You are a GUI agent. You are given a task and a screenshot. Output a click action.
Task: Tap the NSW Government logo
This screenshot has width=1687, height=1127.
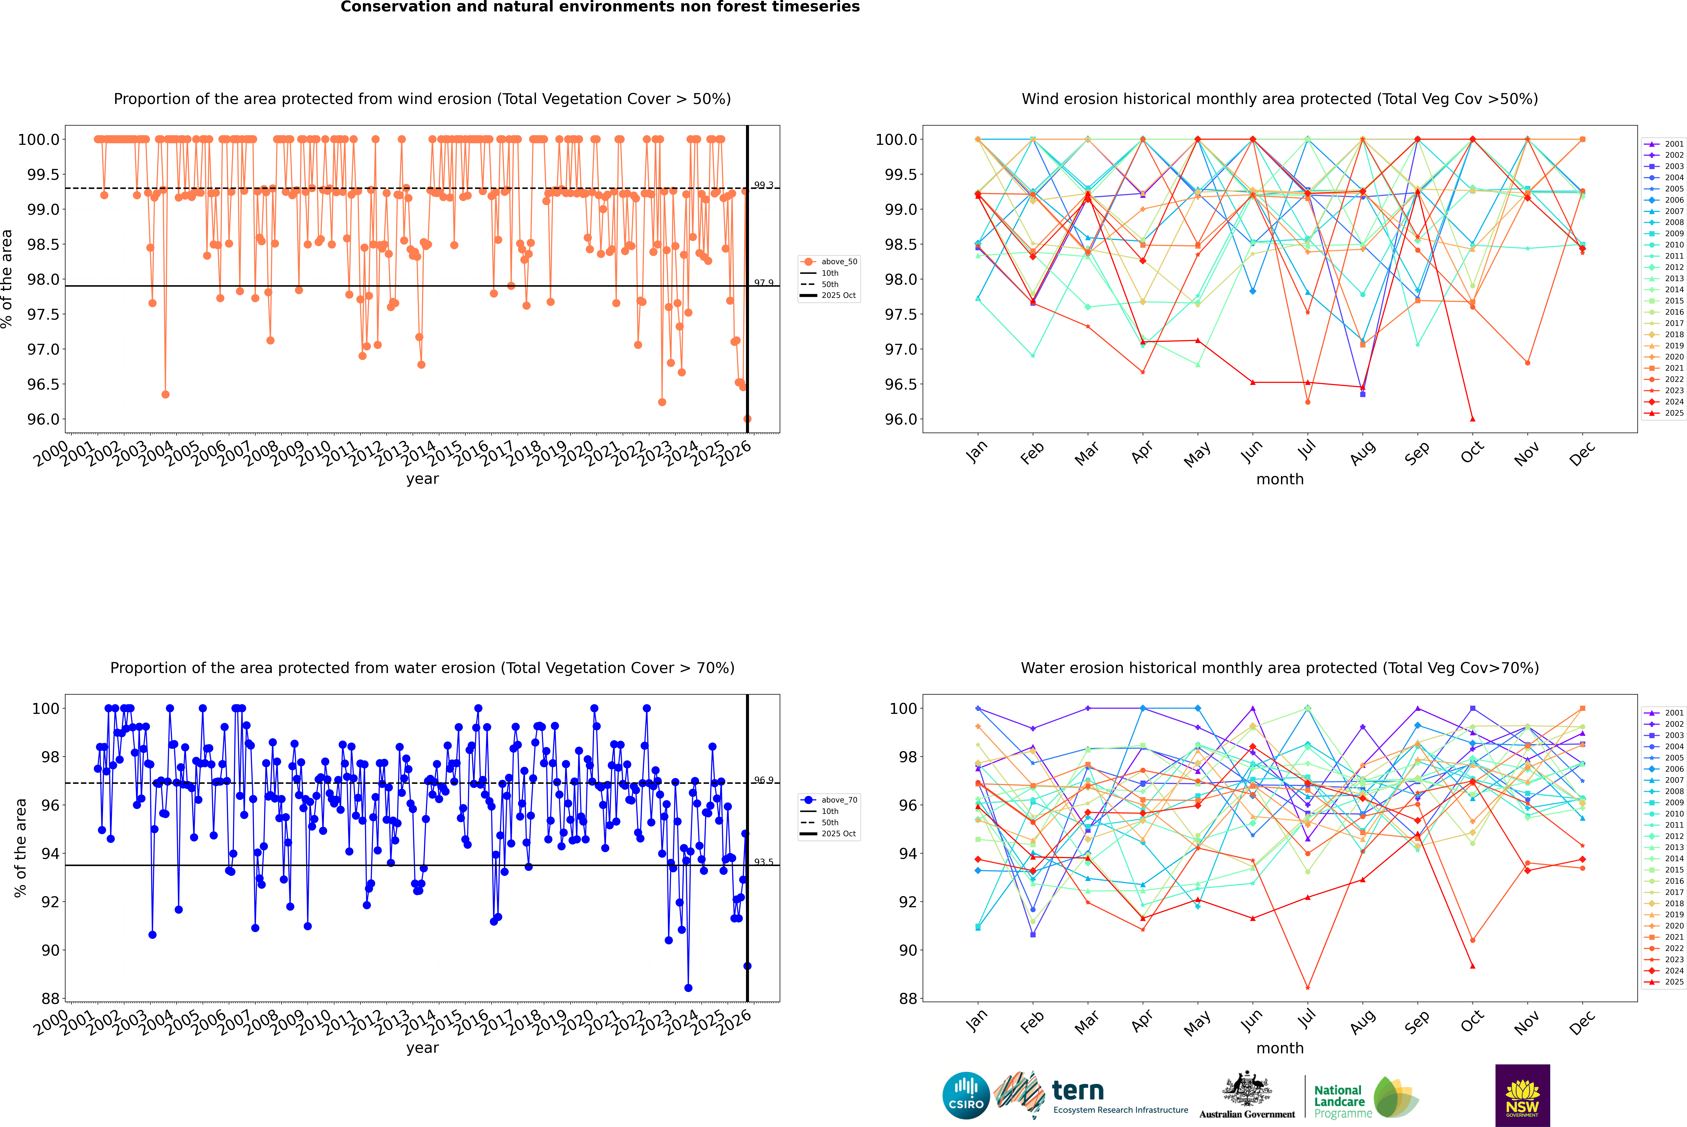click(1522, 1095)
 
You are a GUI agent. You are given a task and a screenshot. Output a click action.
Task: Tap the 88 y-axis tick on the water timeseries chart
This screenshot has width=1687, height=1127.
click(50, 998)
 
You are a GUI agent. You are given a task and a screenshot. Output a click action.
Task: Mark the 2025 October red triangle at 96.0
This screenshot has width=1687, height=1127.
click(1473, 419)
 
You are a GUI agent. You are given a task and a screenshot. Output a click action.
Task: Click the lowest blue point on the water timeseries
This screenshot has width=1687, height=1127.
click(688, 988)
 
